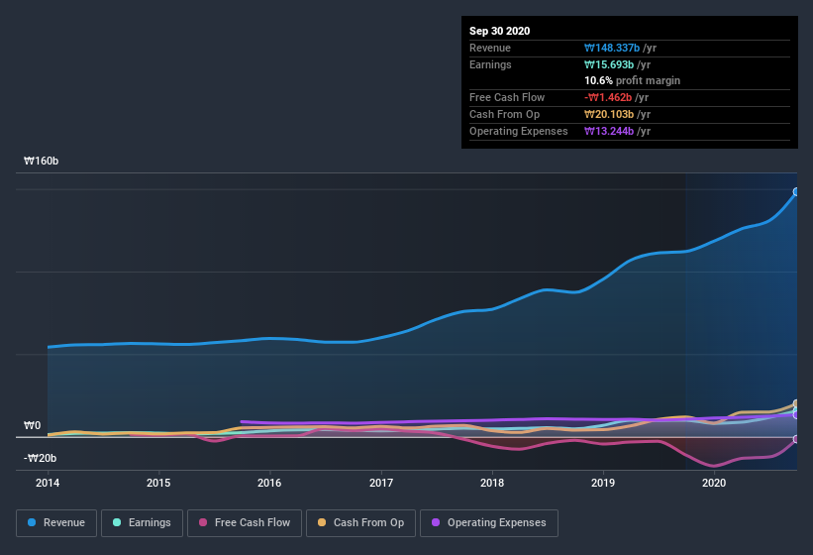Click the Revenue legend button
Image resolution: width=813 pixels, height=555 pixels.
56,522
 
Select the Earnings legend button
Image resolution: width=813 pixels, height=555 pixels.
142,522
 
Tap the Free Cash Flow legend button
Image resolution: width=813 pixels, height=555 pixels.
244,522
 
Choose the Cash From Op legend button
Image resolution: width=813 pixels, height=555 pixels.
359,522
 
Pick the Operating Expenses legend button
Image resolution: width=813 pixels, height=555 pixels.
488,522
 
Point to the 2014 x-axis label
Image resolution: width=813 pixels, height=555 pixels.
48,484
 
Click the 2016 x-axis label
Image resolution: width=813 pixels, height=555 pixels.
269,484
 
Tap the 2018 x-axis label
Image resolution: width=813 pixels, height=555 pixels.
492,484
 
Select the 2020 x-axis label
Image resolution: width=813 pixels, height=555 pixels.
714,484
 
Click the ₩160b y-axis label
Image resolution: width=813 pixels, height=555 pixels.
42,161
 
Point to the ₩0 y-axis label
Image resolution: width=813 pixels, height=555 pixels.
33,426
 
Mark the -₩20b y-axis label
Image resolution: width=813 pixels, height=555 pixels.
40,458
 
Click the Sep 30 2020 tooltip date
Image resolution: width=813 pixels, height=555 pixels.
500,31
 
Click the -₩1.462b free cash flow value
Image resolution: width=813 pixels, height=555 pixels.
615,97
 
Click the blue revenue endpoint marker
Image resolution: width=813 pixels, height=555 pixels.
796,192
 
